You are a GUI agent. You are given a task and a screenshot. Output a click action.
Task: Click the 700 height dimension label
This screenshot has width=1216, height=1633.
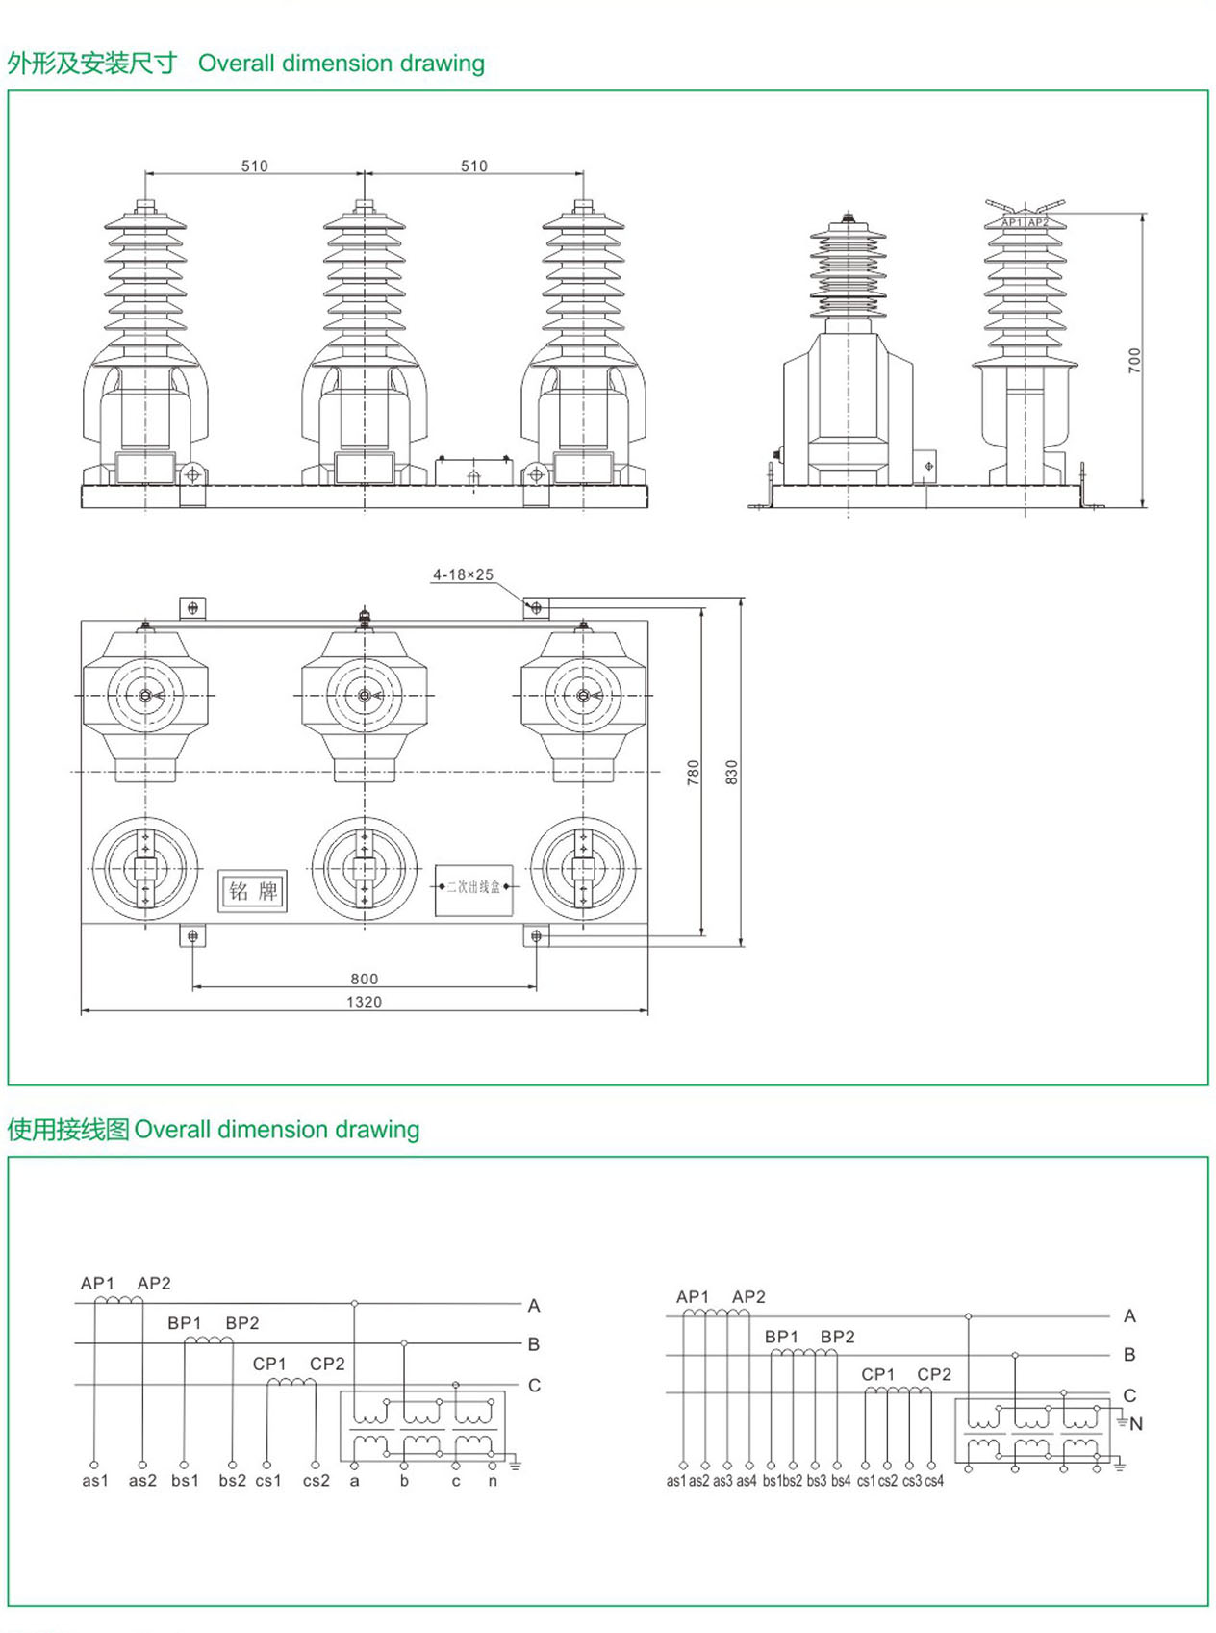coord(1134,361)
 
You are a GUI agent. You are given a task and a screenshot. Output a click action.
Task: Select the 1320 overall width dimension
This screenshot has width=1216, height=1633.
coord(364,1002)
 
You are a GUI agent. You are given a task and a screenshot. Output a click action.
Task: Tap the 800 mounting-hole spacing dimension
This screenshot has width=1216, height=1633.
coord(364,979)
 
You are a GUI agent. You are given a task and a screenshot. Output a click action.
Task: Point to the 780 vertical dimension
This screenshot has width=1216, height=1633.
coord(694,772)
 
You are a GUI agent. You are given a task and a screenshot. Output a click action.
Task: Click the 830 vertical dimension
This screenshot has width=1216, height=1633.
coord(732,772)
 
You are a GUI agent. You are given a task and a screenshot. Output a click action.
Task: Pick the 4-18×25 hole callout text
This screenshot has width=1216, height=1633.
coord(463,574)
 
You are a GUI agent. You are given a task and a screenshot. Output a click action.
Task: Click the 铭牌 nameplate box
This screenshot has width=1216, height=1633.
coord(253,891)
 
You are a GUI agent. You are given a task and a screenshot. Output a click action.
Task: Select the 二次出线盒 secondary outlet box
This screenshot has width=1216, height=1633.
coord(473,887)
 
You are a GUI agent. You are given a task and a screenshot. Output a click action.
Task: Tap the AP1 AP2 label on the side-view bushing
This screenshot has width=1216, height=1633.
coord(1025,222)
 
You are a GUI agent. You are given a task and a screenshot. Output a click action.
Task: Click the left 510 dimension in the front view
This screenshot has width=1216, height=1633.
coord(254,166)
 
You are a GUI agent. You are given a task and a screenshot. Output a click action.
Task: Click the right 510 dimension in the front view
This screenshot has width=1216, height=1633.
coord(473,166)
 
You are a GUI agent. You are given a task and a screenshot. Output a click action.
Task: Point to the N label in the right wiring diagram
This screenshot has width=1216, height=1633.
coord(1136,1423)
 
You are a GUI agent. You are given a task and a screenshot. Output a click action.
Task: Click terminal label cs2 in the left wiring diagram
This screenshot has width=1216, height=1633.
coord(316,1480)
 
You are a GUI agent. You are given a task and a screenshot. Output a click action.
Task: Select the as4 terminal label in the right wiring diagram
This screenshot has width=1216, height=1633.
coord(746,1481)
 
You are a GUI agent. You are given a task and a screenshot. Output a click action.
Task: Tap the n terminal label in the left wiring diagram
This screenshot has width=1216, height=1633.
coord(493,1480)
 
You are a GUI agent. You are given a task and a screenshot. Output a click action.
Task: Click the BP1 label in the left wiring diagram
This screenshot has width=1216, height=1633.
coord(185,1323)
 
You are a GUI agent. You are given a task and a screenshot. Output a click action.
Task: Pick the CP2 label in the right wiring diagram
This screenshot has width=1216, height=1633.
coord(934,1374)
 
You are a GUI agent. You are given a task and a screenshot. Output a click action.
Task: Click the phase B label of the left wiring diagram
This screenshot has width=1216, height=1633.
coord(534,1344)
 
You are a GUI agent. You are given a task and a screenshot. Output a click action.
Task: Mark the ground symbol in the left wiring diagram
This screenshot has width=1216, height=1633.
coord(515,1465)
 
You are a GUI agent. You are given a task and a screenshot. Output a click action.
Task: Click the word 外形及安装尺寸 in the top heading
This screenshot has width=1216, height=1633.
coord(92,64)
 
